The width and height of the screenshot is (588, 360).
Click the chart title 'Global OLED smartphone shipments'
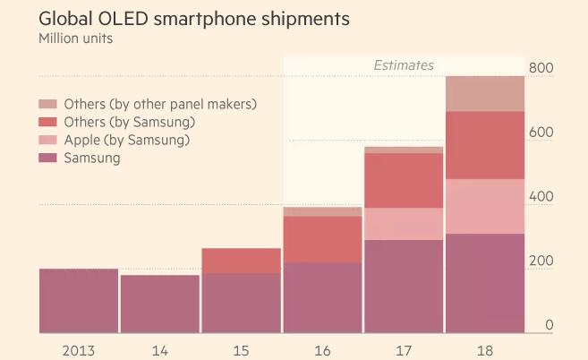(x=194, y=18)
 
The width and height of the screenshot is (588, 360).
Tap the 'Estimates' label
(x=404, y=65)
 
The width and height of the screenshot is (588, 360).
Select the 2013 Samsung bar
(x=79, y=301)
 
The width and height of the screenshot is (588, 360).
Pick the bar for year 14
(x=160, y=304)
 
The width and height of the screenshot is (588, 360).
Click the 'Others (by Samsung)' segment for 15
(x=241, y=261)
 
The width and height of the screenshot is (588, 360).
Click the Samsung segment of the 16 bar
(x=322, y=297)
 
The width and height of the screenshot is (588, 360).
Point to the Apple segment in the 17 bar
(x=404, y=224)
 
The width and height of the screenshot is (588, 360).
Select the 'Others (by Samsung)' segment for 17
(x=404, y=181)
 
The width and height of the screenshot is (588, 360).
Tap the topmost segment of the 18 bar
(x=485, y=94)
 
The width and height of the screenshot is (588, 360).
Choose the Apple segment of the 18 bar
(x=485, y=207)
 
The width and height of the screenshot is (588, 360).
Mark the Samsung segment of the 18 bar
(x=485, y=283)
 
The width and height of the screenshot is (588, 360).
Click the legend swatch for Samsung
(x=48, y=159)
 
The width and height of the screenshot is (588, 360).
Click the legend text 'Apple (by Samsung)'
(x=127, y=141)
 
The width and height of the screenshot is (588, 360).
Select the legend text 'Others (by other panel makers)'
(x=160, y=104)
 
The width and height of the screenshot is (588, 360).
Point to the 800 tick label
(x=541, y=68)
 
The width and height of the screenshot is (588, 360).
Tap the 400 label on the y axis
(x=541, y=197)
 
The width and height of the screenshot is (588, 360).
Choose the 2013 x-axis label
(x=79, y=349)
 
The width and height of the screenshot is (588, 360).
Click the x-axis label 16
(x=322, y=349)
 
